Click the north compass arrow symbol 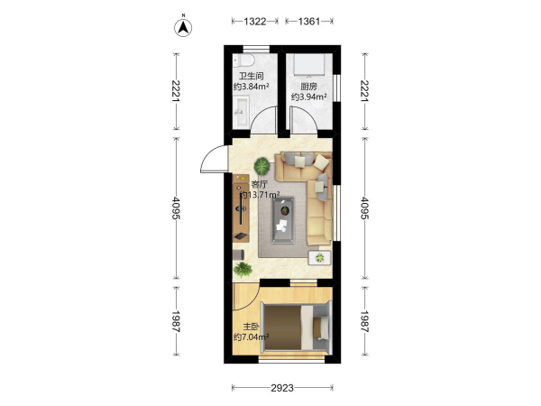coord(183,28)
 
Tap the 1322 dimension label coord(255,22)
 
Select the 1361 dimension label coord(309,22)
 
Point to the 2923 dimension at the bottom coord(282,388)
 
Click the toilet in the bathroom coord(244,60)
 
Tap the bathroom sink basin coord(241,111)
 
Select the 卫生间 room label coord(252,76)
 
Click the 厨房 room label coord(308,87)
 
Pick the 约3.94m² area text coord(308,97)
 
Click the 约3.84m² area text coord(252,87)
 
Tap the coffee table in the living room coord(283,220)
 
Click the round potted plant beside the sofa coord(261,166)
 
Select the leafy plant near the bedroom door coord(243,269)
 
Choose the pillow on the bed coord(322,328)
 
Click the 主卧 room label coord(252,327)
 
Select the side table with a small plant coord(320,257)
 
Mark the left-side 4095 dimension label coord(176,208)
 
